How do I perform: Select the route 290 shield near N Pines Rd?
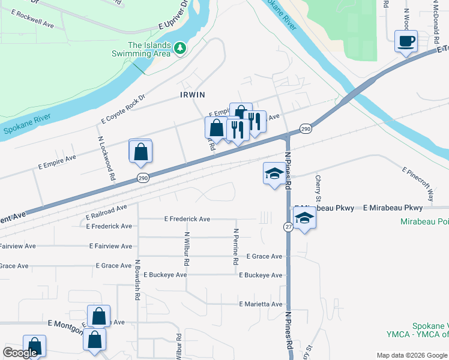[x=306, y=129]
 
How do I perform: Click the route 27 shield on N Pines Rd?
[x=288, y=226]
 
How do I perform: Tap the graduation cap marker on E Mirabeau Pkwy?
[x=305, y=219]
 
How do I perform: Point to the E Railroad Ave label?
[x=106, y=211]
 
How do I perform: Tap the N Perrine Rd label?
[x=236, y=247]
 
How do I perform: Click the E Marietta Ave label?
[x=261, y=304]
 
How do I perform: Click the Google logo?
[x=20, y=353]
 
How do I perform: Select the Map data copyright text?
[x=411, y=355]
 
